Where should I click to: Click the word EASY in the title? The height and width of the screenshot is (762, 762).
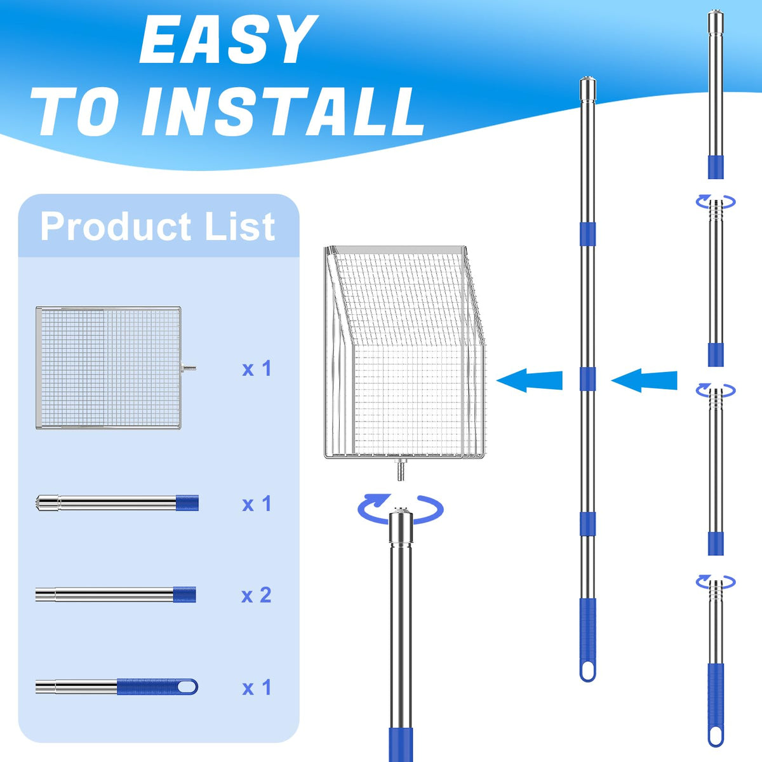pyautogui.click(x=229, y=39)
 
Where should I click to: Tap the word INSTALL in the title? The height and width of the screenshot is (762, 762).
pyautogui.click(x=283, y=112)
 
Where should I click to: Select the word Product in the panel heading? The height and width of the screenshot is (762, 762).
pyautogui.click(x=116, y=226)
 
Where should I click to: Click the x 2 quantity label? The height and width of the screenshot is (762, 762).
pyautogui.click(x=257, y=595)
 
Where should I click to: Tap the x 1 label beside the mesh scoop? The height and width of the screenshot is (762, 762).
pyautogui.click(x=257, y=368)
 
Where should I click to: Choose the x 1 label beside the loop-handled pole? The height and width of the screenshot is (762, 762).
pyautogui.click(x=257, y=688)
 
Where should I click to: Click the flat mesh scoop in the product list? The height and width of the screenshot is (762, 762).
pyautogui.click(x=109, y=368)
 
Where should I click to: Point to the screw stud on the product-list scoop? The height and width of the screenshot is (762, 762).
pyautogui.click(x=189, y=368)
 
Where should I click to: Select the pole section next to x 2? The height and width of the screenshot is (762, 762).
pyautogui.click(x=116, y=594)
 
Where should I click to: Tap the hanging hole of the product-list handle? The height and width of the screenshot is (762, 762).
pyautogui.click(x=186, y=687)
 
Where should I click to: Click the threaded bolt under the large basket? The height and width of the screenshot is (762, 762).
pyautogui.click(x=401, y=470)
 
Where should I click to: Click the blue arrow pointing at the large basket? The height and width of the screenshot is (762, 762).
pyautogui.click(x=530, y=381)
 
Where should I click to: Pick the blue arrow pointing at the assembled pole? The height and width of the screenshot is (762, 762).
pyautogui.click(x=644, y=381)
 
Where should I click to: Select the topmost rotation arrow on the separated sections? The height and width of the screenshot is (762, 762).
pyautogui.click(x=716, y=202)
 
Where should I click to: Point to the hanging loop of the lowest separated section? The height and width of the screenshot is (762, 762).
pyautogui.click(x=716, y=735)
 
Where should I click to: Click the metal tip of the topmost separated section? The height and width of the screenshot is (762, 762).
pyautogui.click(x=716, y=23)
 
